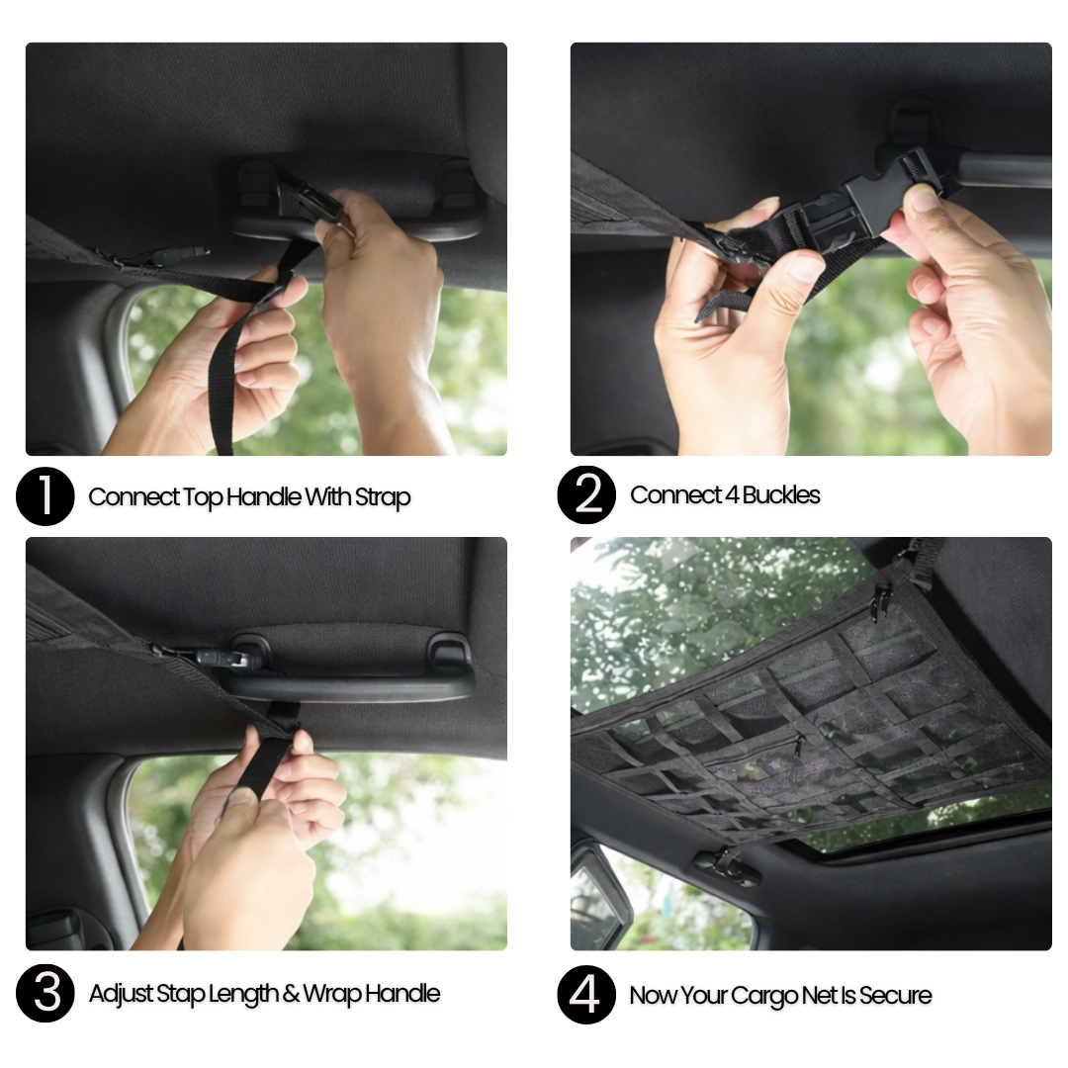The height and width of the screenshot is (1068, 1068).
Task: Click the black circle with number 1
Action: (44, 495)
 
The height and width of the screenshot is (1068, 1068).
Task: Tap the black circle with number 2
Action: (586, 494)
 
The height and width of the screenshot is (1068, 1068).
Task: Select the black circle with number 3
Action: (44, 993)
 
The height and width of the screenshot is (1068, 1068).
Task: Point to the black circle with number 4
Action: (586, 995)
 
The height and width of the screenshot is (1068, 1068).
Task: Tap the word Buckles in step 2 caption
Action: (781, 495)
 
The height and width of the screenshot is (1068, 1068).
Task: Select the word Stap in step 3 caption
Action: (180, 994)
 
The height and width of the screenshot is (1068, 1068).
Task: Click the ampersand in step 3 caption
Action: (291, 993)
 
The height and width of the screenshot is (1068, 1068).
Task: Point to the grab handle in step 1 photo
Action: (354, 205)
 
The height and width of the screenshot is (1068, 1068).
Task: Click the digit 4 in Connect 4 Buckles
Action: (732, 495)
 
